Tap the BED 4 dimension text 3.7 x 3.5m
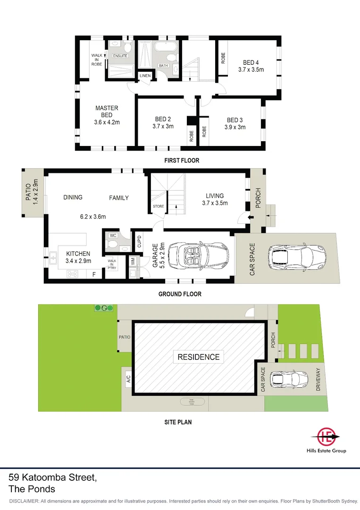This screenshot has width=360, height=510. [251, 69]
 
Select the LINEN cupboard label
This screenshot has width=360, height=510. [145, 76]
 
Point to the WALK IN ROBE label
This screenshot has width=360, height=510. [97, 59]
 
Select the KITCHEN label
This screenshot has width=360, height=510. [78, 254]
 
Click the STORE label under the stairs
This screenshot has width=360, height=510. [158, 206]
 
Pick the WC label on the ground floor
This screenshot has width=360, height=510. [113, 235]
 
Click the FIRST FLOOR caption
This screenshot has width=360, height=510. [182, 161]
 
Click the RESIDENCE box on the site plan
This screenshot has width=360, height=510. [198, 357]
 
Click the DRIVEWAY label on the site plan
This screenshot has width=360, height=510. [318, 379]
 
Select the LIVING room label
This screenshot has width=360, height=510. [215, 196]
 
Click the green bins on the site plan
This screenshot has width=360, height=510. [104, 308]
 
